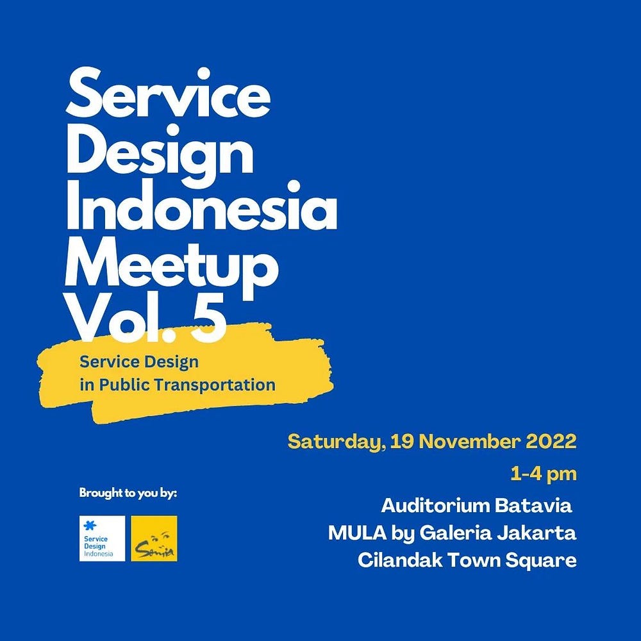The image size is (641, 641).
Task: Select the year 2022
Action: [551, 442]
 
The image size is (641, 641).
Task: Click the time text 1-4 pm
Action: [544, 474]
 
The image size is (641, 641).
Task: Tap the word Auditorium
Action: [433, 506]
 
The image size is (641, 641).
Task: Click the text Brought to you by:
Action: [128, 494]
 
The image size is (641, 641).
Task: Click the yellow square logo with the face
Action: [154, 538]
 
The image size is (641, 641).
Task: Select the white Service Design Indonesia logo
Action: [102, 538]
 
